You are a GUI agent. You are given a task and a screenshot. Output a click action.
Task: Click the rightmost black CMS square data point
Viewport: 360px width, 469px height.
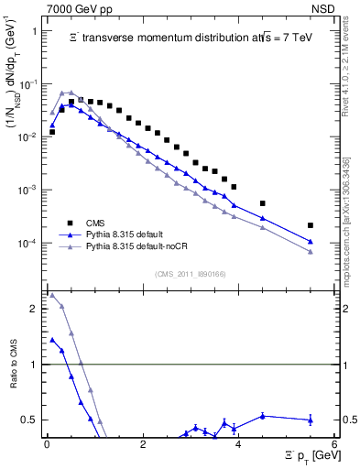311,225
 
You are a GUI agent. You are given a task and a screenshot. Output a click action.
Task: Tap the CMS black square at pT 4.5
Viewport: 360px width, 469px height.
263,203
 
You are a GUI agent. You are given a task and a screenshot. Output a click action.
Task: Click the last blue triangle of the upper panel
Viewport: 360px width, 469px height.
311,242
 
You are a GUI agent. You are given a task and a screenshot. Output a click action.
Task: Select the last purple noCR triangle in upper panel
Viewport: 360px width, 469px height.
311,252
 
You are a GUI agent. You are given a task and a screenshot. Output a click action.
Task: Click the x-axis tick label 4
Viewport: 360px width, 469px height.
238,444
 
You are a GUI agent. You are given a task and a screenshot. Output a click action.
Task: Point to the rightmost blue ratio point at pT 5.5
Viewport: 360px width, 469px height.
311,420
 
